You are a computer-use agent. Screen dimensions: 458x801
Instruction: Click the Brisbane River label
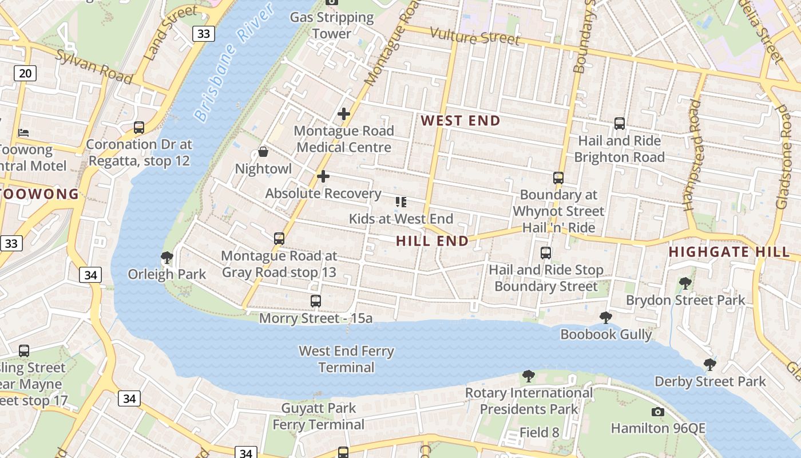coord(227,65)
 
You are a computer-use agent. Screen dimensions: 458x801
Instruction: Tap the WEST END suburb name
coord(461,121)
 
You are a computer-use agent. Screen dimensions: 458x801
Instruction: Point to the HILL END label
coord(432,241)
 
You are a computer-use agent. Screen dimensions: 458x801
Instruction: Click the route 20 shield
coord(25,73)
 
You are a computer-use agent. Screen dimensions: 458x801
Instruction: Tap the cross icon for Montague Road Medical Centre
coord(343,114)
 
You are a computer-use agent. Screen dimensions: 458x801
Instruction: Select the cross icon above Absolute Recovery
coord(323,176)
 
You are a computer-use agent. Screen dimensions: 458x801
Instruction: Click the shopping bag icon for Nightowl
coord(263,152)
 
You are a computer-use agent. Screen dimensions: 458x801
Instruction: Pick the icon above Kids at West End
coord(401,202)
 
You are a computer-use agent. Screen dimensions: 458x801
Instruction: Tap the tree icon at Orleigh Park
coord(167,258)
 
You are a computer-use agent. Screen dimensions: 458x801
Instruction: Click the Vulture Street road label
coord(475,37)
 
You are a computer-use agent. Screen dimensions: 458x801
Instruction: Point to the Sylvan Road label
coord(94,66)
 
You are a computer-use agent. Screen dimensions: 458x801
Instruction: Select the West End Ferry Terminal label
coord(346,359)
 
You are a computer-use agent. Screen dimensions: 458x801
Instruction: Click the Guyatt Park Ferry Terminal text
coord(318,416)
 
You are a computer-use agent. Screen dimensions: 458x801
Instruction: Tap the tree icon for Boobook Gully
coord(606,317)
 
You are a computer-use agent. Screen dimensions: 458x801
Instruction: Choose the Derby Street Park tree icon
coord(709,364)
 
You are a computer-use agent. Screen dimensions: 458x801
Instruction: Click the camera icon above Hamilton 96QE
coord(658,412)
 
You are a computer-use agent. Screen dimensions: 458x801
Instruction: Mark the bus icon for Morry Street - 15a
coord(315,301)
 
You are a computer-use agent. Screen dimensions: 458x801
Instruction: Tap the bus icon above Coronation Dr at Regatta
coord(138,127)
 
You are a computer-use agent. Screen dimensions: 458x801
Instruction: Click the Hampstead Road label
coord(693,155)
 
